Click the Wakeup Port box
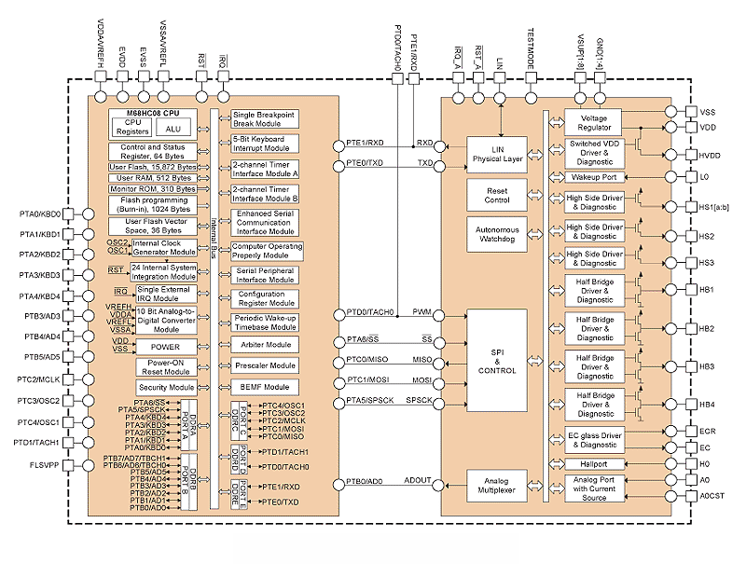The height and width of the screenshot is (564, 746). (x=593, y=175)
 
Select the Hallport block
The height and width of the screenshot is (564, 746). (x=593, y=463)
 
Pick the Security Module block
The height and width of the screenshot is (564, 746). (x=166, y=388)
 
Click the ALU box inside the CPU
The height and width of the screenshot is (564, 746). (x=173, y=129)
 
